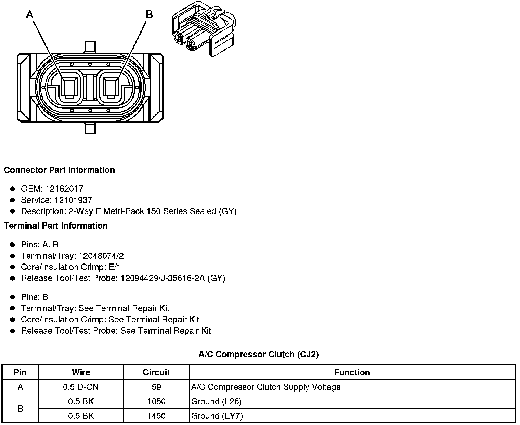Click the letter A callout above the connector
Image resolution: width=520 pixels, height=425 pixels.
tap(29, 15)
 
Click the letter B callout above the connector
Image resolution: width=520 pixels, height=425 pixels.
tap(149, 15)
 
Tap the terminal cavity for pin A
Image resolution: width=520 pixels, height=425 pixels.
tap(69, 88)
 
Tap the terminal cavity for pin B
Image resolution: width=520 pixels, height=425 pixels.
tap(111, 88)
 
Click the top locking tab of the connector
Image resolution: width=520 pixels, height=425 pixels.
tap(90, 47)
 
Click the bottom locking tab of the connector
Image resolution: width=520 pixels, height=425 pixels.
tap(90, 128)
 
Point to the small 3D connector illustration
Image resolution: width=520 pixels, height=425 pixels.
tap(204, 29)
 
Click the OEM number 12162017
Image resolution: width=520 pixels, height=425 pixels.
tap(64, 189)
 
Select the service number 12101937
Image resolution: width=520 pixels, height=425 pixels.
tap(73, 200)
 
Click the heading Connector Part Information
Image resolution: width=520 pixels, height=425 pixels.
tap(60, 170)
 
